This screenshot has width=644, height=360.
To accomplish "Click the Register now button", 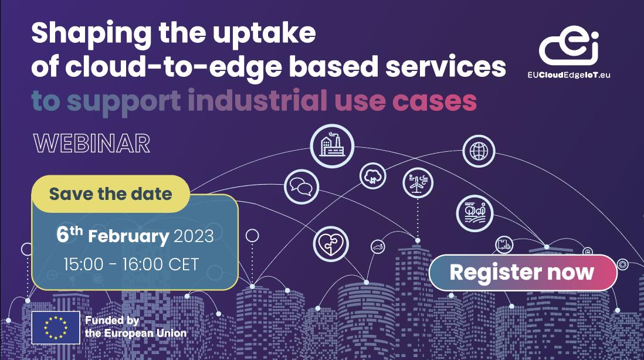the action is [x=523, y=273].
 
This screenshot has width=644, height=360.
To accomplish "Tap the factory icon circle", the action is [x=332, y=146].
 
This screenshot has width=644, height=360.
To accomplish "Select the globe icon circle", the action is [x=479, y=151].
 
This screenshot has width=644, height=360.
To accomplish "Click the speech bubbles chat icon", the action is [x=301, y=187].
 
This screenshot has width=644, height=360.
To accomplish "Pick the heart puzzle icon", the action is [x=331, y=244].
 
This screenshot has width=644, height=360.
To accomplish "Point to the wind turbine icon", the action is [x=418, y=183].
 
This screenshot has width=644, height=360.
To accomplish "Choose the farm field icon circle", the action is [x=474, y=213].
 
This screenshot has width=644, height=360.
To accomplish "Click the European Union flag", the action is [x=56, y=328].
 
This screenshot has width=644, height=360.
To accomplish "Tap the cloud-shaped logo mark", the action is [x=569, y=46].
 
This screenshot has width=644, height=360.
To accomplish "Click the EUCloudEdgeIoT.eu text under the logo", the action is [x=569, y=75].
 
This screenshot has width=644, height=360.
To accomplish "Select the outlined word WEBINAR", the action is [x=92, y=143].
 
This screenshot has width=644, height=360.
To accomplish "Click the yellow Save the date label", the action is [x=110, y=193].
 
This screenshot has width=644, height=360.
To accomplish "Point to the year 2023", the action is [x=194, y=236].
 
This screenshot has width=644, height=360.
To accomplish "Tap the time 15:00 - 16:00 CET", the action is [x=131, y=265].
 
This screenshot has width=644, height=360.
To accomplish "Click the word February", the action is [x=128, y=237].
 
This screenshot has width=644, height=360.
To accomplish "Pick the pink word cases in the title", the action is [x=435, y=101].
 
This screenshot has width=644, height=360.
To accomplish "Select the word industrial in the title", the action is [x=258, y=100].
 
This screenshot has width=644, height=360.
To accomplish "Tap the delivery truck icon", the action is [x=504, y=245].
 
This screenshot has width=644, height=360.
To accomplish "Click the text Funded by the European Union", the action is [x=136, y=327].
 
